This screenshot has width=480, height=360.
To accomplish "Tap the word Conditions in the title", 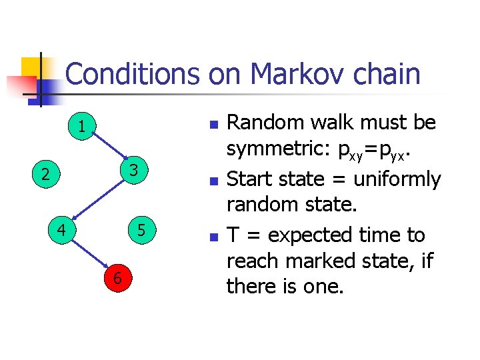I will coord(133,74).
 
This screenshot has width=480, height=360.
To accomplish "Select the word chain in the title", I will coord(387,74).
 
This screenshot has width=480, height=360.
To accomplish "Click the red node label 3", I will coord(134,170).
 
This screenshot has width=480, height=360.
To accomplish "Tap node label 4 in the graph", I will coord(61,231).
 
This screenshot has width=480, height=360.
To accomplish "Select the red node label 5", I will coord(141,231).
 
